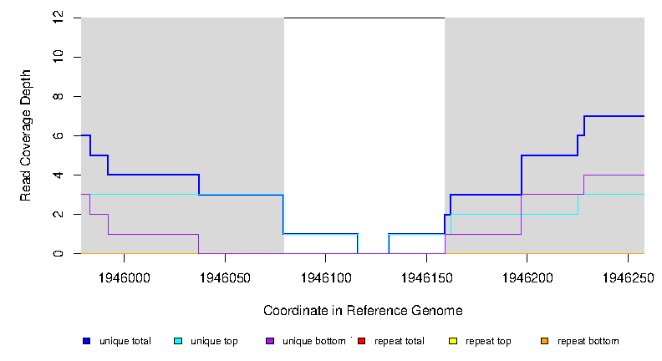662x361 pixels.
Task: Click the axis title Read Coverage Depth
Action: coord(26,135)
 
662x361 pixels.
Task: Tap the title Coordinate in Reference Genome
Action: coord(363,311)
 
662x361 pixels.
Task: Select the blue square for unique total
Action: coord(86,341)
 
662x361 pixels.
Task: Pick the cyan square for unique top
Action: coord(177,341)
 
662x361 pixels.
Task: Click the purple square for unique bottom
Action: coord(269,341)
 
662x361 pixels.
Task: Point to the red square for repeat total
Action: coord(361,341)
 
